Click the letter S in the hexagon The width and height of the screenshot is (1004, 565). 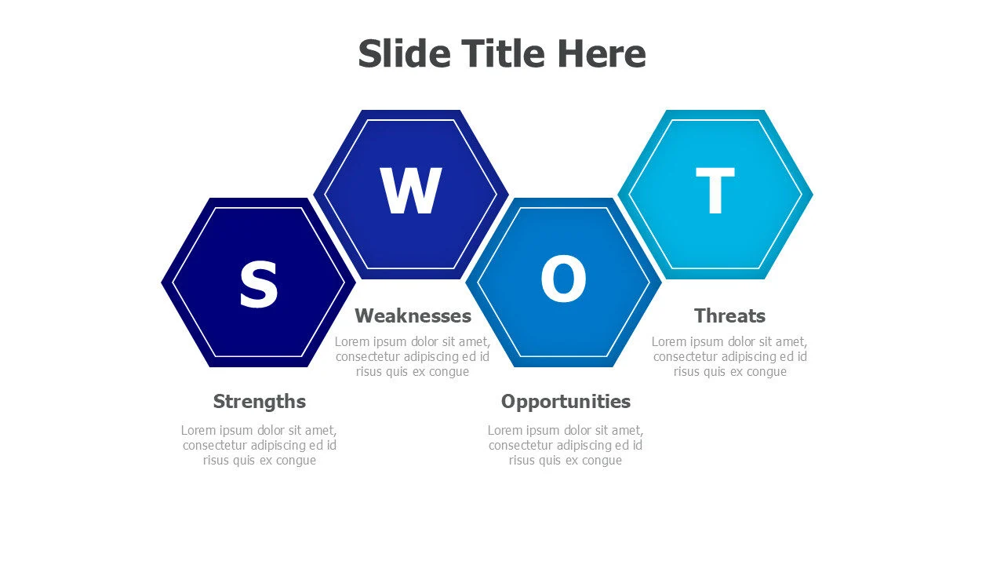258,285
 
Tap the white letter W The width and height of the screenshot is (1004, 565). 411,191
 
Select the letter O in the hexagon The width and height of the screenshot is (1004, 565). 563,281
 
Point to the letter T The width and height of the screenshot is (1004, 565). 715,192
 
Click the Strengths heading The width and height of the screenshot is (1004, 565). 260,402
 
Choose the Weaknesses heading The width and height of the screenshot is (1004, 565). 413,315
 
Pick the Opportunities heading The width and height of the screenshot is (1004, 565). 566,402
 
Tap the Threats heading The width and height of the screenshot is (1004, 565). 729,315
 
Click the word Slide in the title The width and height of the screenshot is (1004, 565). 404,53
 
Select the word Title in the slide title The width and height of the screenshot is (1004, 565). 503,53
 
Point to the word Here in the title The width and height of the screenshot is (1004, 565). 602,53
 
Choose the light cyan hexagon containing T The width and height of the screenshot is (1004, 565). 753,235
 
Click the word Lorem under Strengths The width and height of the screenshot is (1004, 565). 198,430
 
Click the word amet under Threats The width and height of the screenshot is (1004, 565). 791,341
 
